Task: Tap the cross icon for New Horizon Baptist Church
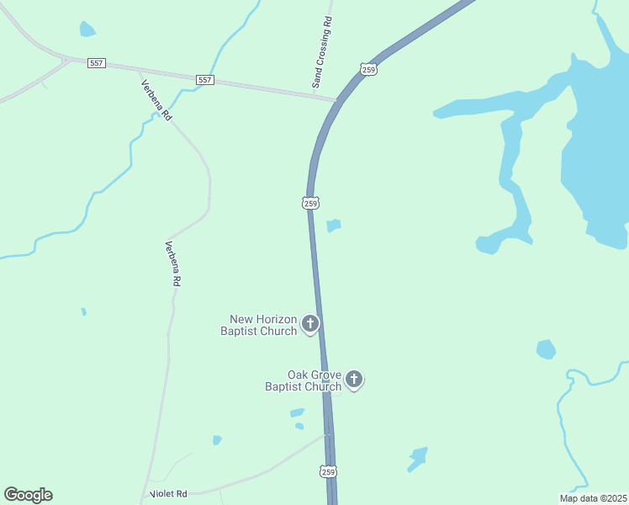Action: (x=310, y=323)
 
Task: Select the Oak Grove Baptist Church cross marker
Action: (x=355, y=379)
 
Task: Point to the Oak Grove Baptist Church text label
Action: (x=304, y=380)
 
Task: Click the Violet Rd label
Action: (x=167, y=494)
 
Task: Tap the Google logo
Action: (x=28, y=495)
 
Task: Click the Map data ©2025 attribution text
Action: (x=593, y=498)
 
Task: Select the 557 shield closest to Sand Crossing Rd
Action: (x=205, y=80)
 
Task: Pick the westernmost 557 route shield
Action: (x=96, y=63)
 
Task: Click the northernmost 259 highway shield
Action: (x=368, y=70)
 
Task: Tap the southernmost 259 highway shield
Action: (x=328, y=471)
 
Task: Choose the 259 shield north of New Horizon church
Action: (x=310, y=203)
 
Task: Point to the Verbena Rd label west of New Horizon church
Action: (x=172, y=264)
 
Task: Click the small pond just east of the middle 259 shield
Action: (x=334, y=226)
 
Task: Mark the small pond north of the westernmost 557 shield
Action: (x=87, y=29)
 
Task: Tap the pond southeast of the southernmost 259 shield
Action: (x=418, y=459)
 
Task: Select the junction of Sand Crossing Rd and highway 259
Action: (x=335, y=100)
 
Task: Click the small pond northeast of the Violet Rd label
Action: (x=217, y=440)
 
